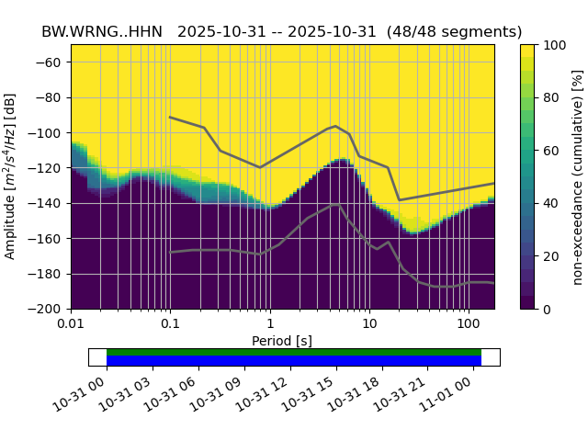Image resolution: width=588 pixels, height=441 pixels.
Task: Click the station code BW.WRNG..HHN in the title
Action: [102, 31]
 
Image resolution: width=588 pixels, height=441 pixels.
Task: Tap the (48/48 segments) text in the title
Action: [454, 31]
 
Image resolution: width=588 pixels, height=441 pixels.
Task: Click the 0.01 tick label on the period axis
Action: [71, 324]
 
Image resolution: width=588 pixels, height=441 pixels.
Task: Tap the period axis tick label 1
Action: [269, 324]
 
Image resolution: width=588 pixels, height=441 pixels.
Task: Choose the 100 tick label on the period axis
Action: [469, 324]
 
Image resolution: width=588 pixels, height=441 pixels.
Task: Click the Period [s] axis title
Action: [282, 341]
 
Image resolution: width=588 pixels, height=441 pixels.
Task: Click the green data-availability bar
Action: [294, 352]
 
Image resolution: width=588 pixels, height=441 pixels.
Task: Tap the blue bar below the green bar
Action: [294, 361]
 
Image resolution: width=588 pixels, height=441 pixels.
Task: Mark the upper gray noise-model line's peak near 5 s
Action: [335, 126]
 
